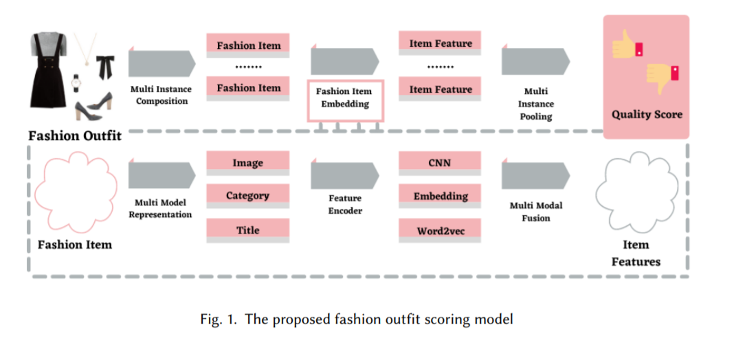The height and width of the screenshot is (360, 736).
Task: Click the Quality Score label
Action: point(647,114)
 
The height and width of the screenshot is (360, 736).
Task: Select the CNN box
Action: point(440,162)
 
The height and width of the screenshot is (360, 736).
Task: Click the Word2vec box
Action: point(440,231)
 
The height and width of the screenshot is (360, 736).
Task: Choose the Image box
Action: point(247,163)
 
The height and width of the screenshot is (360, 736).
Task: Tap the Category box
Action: point(247,196)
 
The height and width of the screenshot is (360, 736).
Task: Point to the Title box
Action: point(247,230)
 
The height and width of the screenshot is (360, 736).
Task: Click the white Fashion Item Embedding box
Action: point(344,99)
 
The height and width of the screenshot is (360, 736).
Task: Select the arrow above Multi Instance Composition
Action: point(161,63)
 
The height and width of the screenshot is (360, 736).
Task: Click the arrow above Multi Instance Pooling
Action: point(535,62)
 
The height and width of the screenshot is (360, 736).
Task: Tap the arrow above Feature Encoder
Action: point(344,175)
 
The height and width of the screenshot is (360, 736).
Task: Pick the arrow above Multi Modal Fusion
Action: point(535,175)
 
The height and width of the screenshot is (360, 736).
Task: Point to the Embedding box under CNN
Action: point(440,196)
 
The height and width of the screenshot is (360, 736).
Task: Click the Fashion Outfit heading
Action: point(74,135)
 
